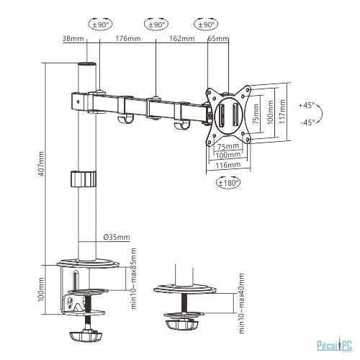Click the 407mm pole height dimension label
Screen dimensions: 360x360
[x=42, y=163]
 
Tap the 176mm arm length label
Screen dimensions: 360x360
[x=128, y=39]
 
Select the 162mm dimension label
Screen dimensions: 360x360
[x=182, y=39]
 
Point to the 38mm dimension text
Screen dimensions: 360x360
[x=73, y=39]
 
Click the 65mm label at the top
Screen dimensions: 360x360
[x=218, y=39]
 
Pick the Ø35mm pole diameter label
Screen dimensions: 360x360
[x=117, y=237]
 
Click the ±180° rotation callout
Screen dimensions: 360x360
[x=228, y=183]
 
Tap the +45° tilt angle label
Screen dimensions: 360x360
[x=307, y=105]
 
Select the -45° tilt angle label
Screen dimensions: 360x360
[x=307, y=122]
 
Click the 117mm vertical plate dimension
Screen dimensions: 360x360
[x=282, y=112]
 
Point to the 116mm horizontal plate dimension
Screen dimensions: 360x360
[x=228, y=166]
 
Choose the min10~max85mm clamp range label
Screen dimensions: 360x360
[x=134, y=279]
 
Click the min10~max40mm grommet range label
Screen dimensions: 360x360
[x=241, y=303]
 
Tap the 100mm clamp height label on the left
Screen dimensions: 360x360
[x=41, y=289]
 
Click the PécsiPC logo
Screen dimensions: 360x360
[x=335, y=346]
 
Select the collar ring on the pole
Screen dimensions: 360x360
[x=84, y=179]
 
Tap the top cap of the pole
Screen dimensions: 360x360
[x=87, y=64]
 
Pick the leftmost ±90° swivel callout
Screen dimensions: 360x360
[x=101, y=24]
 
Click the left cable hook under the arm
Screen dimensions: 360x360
[x=126, y=120]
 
